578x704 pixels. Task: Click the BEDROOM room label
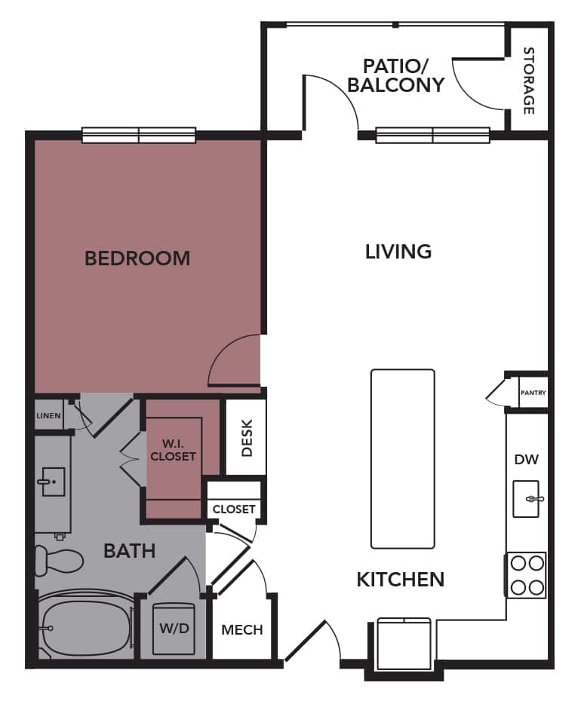pos(137,259)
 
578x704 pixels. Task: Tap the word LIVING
pos(398,251)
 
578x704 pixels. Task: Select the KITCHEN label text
pos(400,580)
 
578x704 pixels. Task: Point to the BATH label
pos(129,551)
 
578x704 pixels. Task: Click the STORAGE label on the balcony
pos(528,81)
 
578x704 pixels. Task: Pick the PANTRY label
pos(533,393)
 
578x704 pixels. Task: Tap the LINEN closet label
pos(48,415)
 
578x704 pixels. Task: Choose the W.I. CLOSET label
pos(173,450)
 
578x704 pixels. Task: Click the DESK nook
pos(246,438)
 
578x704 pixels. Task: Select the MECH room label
pos(242,629)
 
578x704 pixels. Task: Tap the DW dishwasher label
pos(525,459)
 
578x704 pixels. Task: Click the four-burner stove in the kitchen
pos(525,575)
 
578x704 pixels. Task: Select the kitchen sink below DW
pos(526,499)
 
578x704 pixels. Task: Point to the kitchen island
pos(402,458)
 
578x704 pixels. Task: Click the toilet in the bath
pos(57,560)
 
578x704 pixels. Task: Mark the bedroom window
pos(139,136)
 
